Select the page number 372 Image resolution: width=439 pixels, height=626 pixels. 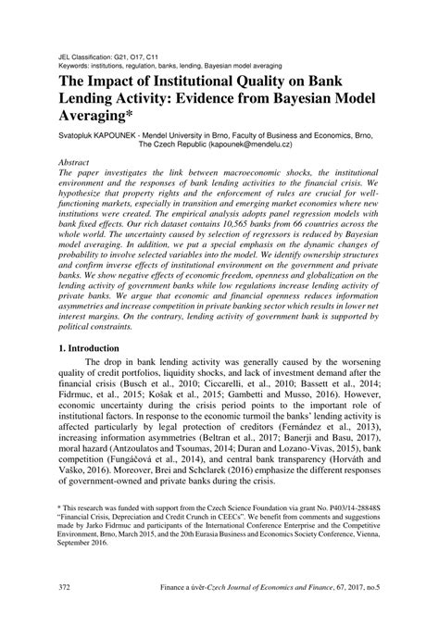point(64,612)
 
